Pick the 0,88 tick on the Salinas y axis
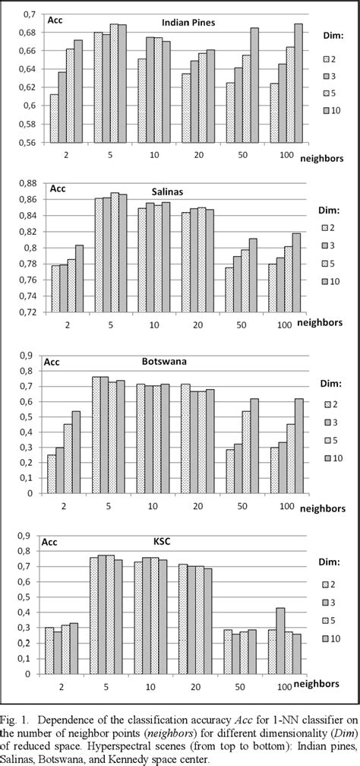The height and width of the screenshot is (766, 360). click(x=27, y=183)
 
